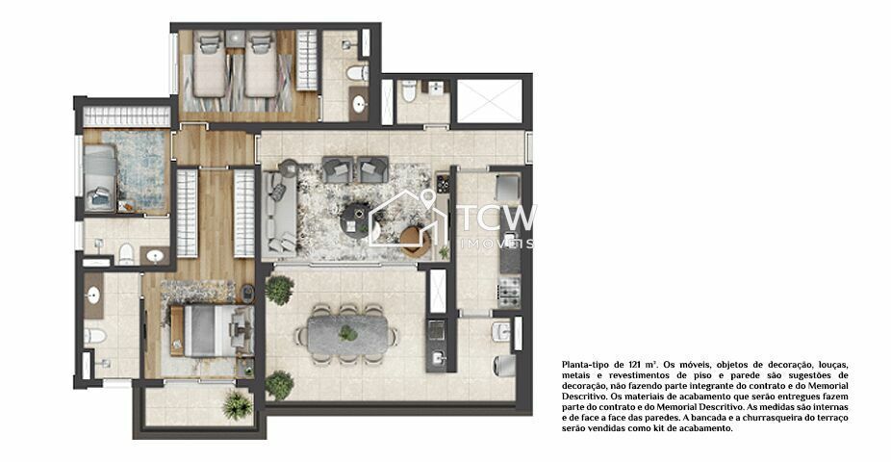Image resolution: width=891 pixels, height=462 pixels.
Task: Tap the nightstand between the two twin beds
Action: (235, 40)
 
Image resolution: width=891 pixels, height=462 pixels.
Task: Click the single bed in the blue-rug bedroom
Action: (99, 178)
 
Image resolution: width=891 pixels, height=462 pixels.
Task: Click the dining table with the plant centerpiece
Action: (347, 334)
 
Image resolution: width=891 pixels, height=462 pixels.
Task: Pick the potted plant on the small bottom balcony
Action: (237, 405)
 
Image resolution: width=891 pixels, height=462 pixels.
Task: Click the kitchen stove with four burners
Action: (508, 286)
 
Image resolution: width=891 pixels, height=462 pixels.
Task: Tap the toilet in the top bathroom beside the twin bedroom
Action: (356, 73)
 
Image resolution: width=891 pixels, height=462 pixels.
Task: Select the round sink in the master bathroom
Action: (93, 295)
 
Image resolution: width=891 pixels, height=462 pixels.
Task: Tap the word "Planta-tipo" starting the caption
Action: (583, 365)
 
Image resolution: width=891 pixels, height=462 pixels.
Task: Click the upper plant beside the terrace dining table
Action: (280, 289)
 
